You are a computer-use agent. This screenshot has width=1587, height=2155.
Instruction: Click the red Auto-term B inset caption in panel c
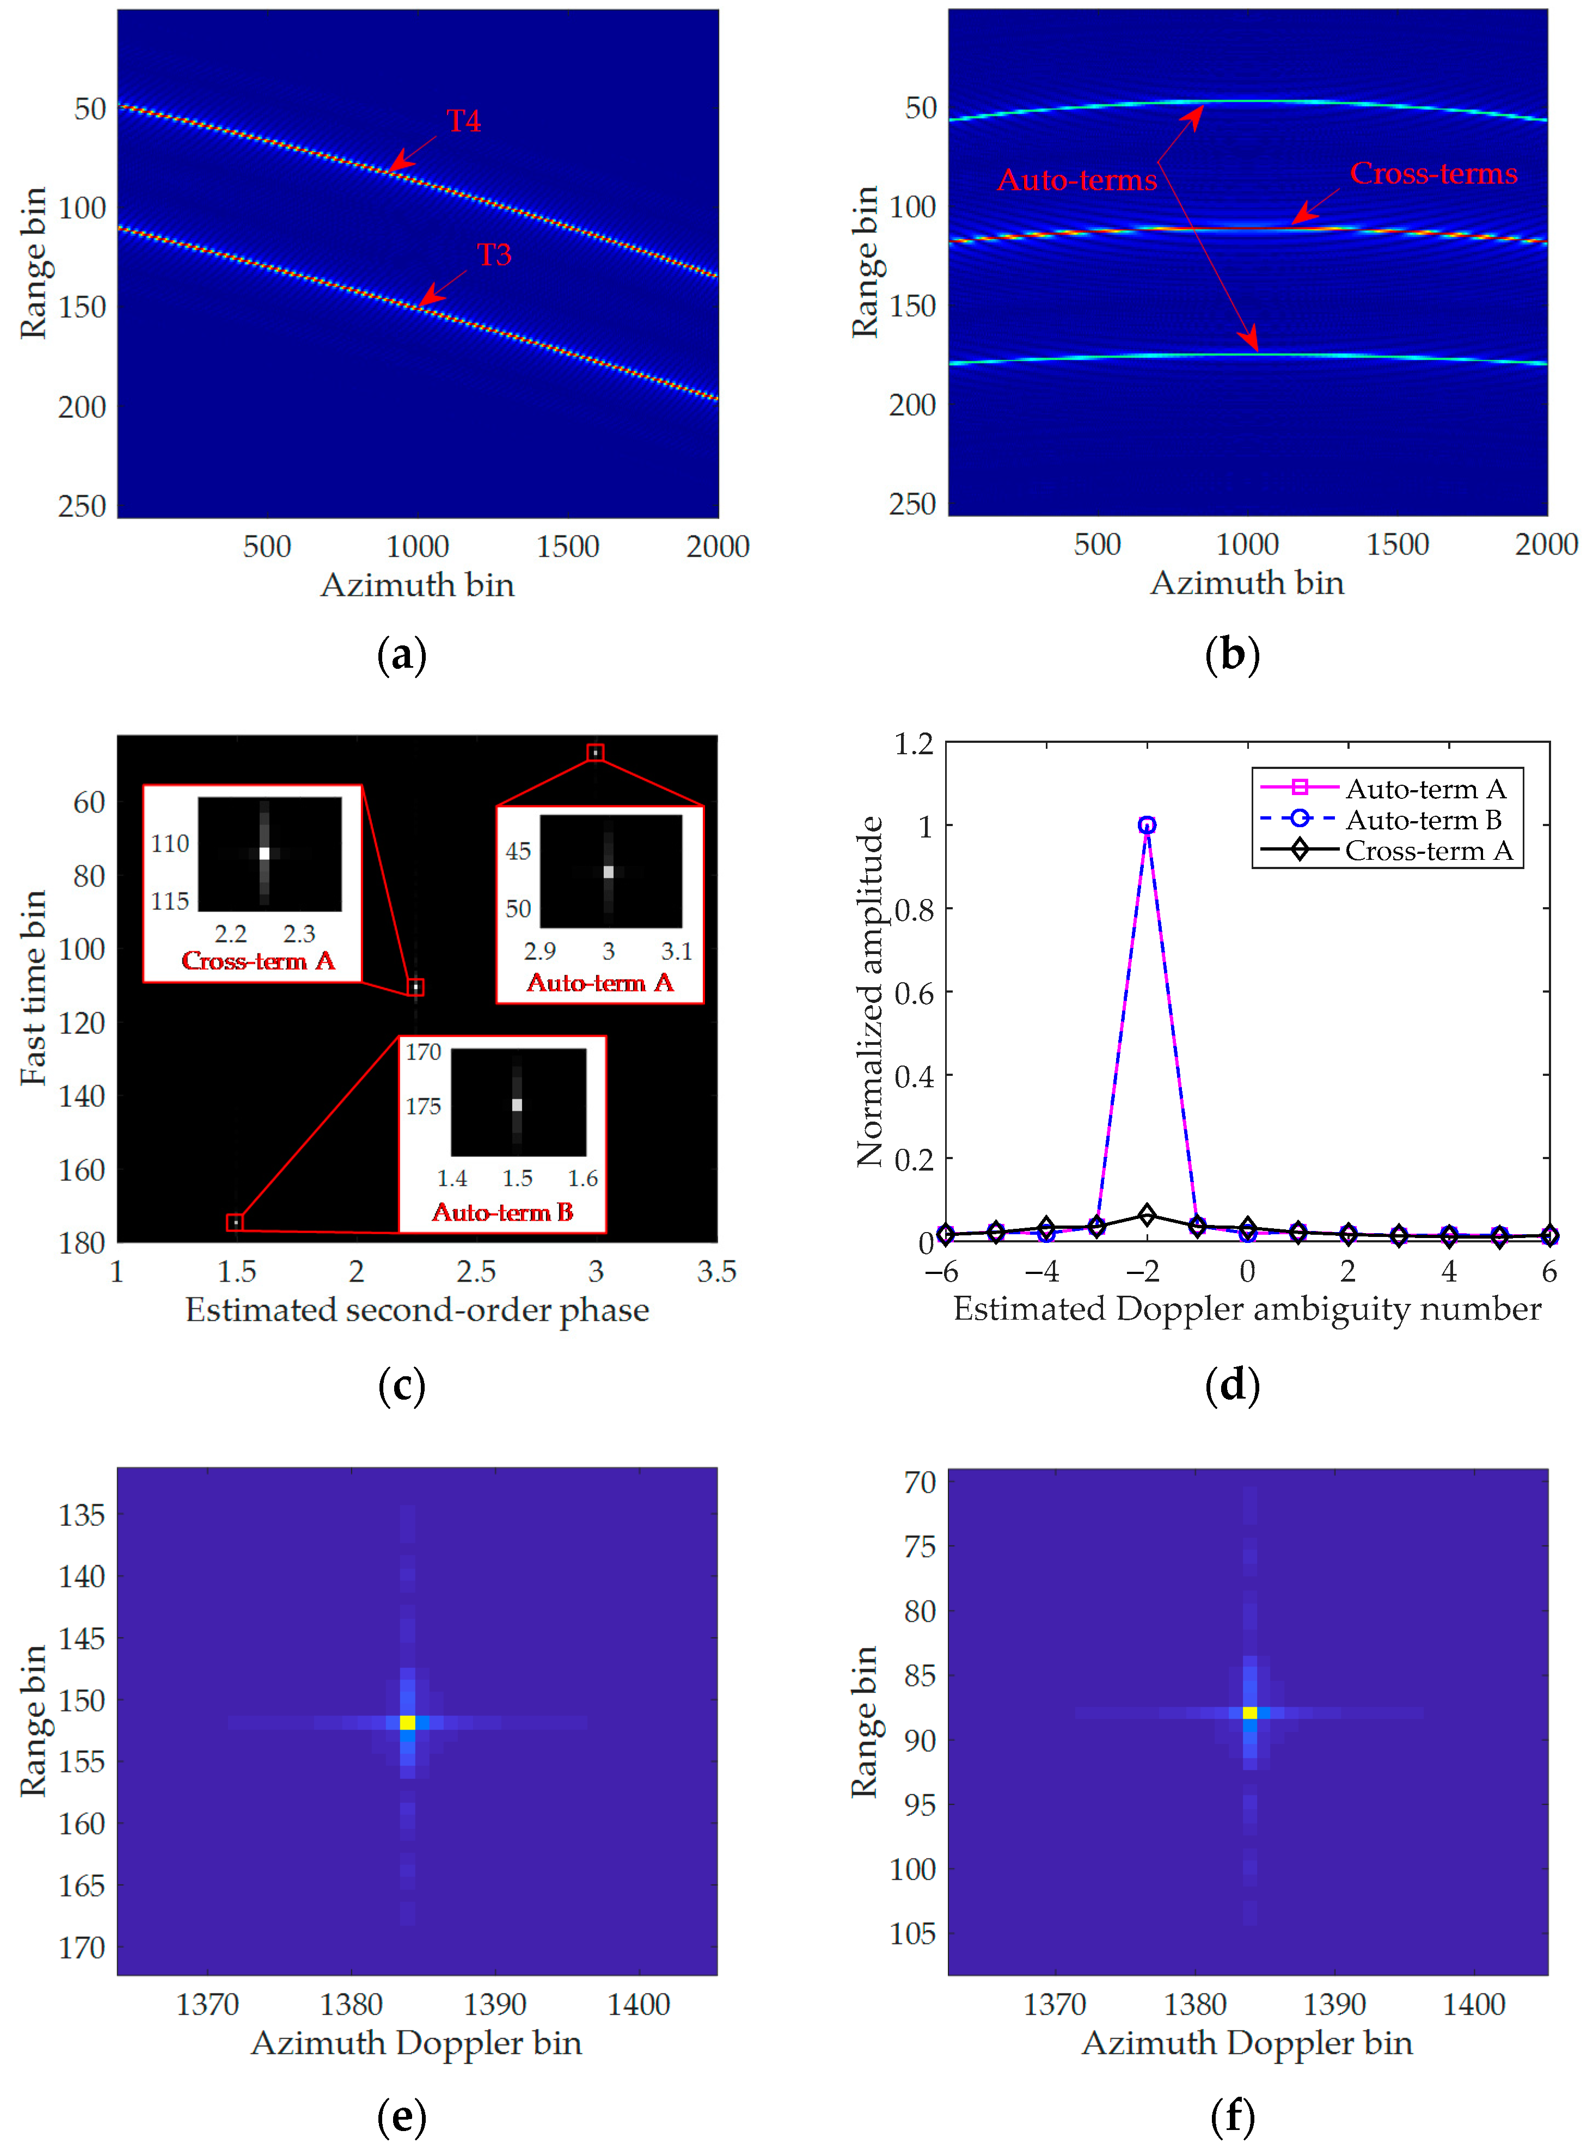pos(503,1212)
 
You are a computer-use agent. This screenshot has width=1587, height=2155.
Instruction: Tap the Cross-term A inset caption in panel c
pos(258,960)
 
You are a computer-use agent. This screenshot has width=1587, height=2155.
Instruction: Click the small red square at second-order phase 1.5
pos(235,1222)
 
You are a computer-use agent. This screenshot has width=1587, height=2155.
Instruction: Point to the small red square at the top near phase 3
pos(596,753)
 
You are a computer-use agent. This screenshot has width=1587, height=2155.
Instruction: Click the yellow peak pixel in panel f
pos(1249,1712)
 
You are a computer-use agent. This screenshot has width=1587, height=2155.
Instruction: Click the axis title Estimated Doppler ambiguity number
pos(1246,1309)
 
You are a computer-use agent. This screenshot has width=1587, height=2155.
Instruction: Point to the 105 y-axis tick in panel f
pos(912,1933)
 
